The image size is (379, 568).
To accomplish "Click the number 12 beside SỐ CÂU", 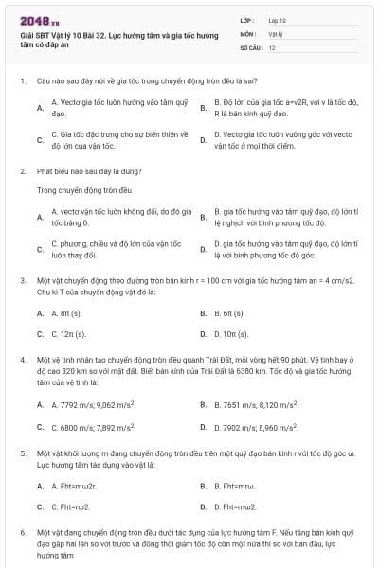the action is (x=272, y=46).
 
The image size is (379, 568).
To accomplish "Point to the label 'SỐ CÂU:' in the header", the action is (x=250, y=46).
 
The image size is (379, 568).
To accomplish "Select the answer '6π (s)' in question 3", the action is (x=228, y=312).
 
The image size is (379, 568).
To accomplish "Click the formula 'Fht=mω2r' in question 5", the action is (x=73, y=486).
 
